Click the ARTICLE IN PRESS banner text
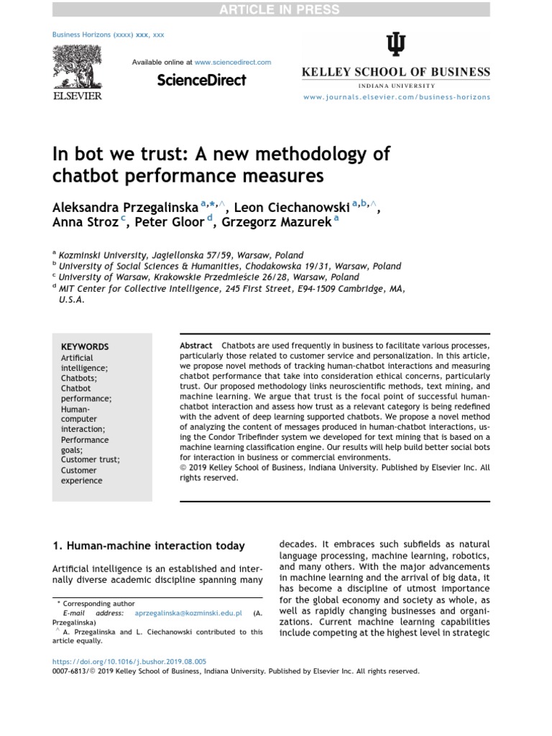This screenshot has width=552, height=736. [276, 9]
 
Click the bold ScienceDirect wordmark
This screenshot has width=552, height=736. [201, 80]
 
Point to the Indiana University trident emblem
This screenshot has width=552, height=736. [395, 45]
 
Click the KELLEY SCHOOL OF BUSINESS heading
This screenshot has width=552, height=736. [396, 72]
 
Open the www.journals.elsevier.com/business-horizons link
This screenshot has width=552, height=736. [396, 96]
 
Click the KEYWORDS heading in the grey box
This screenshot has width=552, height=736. [85, 346]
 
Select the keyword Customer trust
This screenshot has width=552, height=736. [91, 460]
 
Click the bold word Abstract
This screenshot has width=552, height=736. [195, 346]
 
